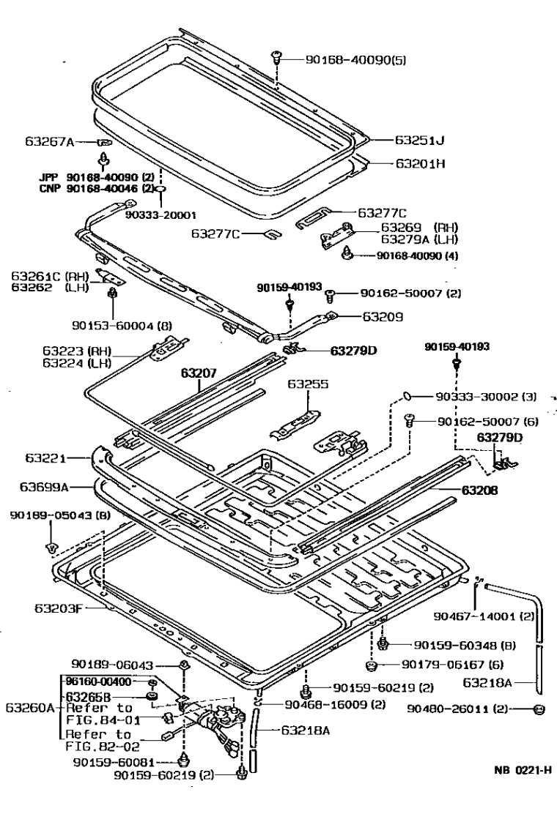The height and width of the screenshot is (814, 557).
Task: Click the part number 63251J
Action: click(x=420, y=139)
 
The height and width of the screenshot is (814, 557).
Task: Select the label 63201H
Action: click(x=421, y=164)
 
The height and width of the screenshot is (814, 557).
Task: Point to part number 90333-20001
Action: click(x=161, y=216)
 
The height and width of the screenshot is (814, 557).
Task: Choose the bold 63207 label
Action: click(x=199, y=373)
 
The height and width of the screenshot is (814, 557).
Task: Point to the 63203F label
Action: click(x=54, y=608)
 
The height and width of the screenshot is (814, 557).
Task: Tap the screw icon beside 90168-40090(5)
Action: click(x=277, y=56)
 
